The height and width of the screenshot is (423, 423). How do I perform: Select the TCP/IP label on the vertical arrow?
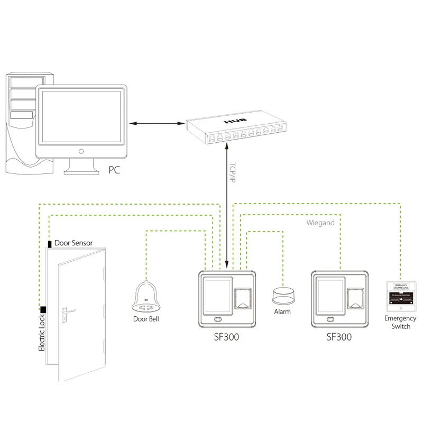232,172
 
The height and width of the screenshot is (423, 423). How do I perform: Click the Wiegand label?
320,223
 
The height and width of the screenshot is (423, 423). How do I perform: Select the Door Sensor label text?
73,243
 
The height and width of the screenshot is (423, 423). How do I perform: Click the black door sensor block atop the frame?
50,244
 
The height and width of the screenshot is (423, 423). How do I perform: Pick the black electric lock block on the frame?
42,310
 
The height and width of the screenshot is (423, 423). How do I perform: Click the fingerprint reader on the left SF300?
243,299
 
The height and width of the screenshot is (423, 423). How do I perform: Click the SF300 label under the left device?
226,337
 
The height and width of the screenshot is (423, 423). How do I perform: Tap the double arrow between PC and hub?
156,124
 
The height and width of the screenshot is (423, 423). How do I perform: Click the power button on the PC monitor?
81,151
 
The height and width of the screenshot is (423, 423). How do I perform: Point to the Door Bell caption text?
146,319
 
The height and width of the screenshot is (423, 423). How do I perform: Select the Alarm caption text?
282,312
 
